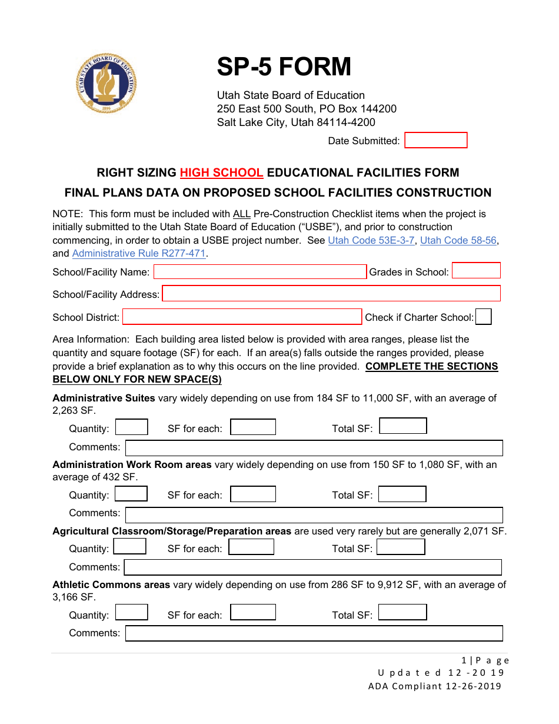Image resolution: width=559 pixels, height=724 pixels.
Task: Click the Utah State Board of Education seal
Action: point(107,83)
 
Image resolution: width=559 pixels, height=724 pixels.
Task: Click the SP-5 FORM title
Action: point(284,67)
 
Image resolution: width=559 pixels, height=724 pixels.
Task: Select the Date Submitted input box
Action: point(435,140)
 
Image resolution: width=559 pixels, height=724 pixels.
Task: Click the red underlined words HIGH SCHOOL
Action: point(221,172)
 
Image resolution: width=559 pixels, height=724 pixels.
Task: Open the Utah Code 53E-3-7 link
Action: point(371,240)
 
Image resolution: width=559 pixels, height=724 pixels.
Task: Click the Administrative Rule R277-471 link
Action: point(139,253)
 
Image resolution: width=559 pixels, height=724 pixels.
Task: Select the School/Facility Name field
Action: point(259,271)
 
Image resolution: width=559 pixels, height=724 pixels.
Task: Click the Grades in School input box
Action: point(476,271)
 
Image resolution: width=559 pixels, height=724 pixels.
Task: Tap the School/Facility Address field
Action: point(331,294)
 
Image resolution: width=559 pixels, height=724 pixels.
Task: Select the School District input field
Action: point(242,317)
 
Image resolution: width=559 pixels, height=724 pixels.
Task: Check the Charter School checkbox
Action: point(483,317)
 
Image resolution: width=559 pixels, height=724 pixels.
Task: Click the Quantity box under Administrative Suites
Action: point(131,427)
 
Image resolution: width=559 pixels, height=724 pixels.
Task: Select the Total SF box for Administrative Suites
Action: point(402,426)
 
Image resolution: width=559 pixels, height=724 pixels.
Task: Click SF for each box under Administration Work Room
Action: point(252,494)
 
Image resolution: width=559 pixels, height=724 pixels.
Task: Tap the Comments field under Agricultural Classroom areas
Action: point(312,567)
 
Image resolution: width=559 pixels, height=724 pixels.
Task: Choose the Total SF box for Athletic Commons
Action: point(402,613)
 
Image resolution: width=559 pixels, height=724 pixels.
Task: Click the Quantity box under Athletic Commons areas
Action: point(131,613)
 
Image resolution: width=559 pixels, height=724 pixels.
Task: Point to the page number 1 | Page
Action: point(485,660)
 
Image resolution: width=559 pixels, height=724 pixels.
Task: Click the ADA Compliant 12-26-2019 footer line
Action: point(434,686)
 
